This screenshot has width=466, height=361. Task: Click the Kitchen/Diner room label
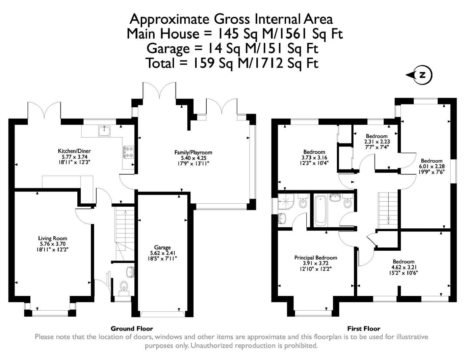click(74, 151)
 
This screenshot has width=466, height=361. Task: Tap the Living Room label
click(53, 239)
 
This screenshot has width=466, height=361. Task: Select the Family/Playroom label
click(193, 153)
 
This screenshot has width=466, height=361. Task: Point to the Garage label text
click(162, 248)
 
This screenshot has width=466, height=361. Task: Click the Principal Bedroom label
click(316, 258)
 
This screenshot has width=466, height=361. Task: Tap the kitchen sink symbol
click(104, 131)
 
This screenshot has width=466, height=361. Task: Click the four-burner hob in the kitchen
click(128, 152)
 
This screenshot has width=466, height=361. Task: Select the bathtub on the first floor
click(320, 210)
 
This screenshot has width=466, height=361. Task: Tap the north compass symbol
click(419, 75)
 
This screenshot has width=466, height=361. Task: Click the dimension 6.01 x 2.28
click(432, 166)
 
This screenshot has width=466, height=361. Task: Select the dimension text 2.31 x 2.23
click(377, 141)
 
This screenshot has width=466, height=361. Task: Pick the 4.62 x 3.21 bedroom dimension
click(404, 267)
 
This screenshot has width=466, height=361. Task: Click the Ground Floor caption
click(132, 329)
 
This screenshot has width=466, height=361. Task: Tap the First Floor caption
click(364, 329)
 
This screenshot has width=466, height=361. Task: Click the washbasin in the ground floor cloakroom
click(130, 272)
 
